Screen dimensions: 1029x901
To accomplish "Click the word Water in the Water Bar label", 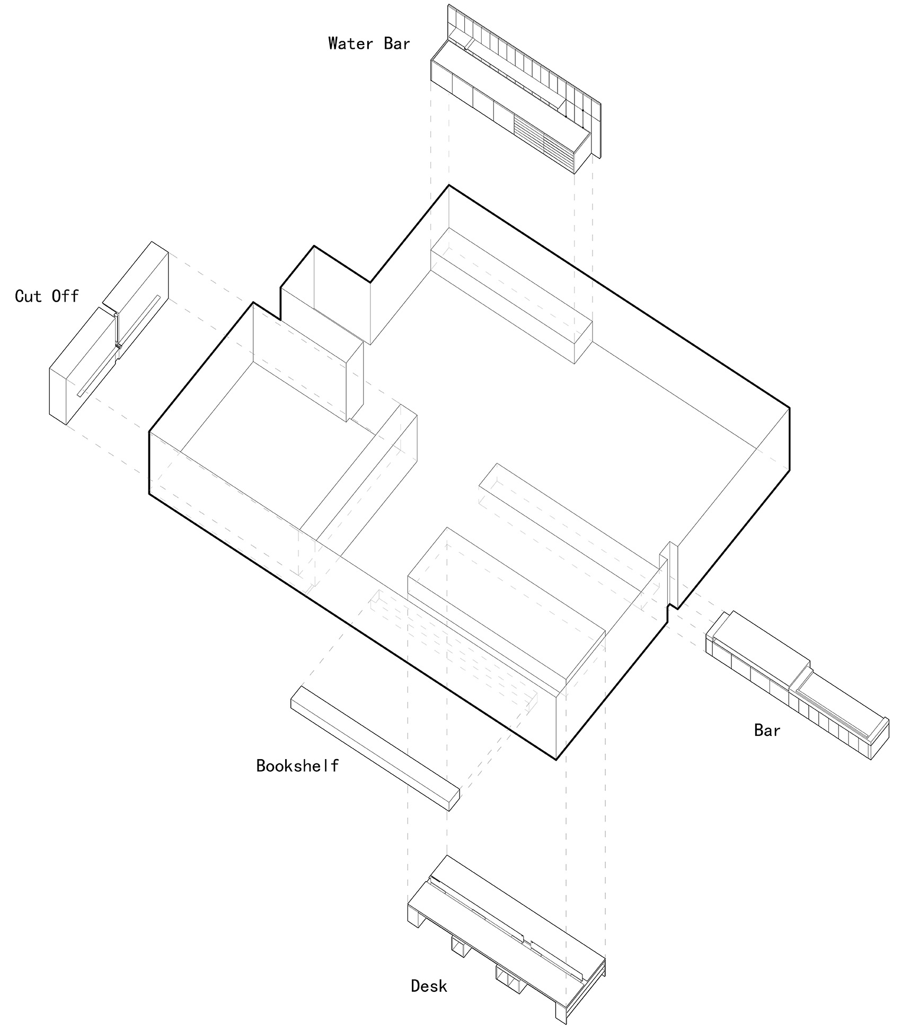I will [x=350, y=43].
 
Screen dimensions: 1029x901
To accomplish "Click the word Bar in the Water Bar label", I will [x=397, y=43].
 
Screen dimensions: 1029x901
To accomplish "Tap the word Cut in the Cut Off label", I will [x=29, y=296].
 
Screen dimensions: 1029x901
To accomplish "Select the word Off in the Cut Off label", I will [x=65, y=296].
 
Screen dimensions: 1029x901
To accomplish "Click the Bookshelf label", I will [x=297, y=766].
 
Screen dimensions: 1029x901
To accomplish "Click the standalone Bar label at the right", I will [x=767, y=731].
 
